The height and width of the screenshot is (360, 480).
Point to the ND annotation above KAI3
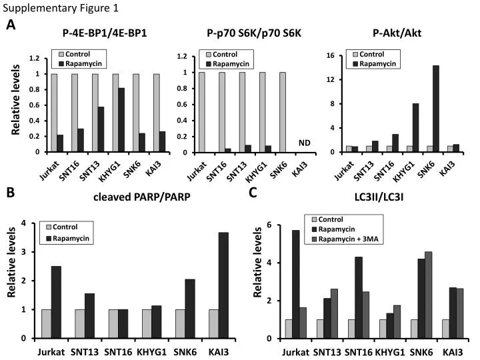click(x=305, y=143)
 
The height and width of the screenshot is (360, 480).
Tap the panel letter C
click(x=253, y=193)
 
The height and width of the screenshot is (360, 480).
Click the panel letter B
click(x=11, y=193)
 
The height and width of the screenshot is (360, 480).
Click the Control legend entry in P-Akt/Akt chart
click(x=374, y=54)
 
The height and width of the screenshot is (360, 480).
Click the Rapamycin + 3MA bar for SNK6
click(x=428, y=295)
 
